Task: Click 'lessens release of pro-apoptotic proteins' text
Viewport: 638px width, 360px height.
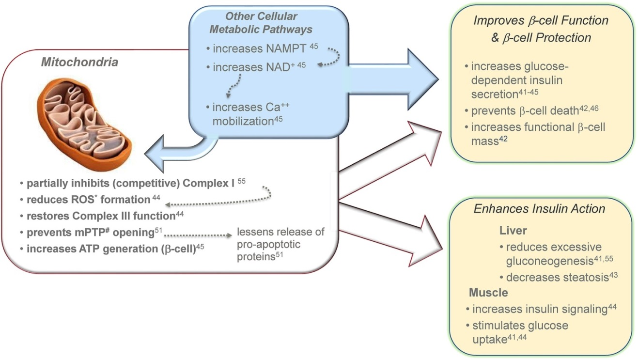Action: point(280,244)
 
